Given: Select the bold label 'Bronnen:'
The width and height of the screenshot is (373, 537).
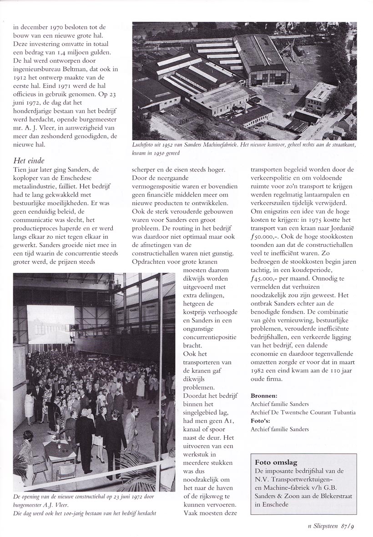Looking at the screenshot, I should point(265,396).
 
